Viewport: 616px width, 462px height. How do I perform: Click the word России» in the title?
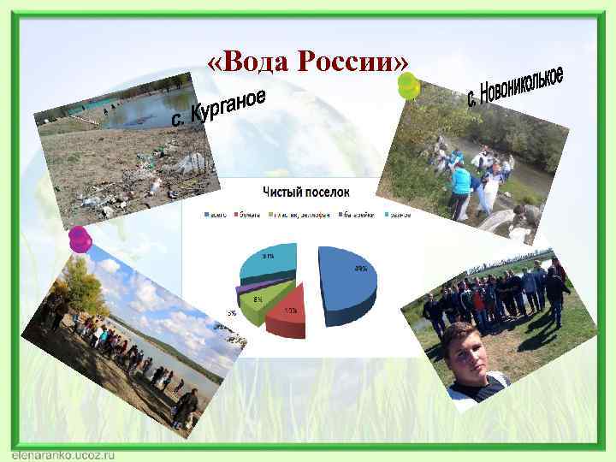point(351,62)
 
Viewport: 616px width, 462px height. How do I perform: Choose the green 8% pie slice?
point(261,299)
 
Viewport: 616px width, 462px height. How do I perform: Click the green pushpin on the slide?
point(408,86)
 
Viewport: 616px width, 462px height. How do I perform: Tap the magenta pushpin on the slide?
point(80,239)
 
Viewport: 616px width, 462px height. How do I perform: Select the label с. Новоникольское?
point(514,86)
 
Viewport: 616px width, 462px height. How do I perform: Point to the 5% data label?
point(232,313)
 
